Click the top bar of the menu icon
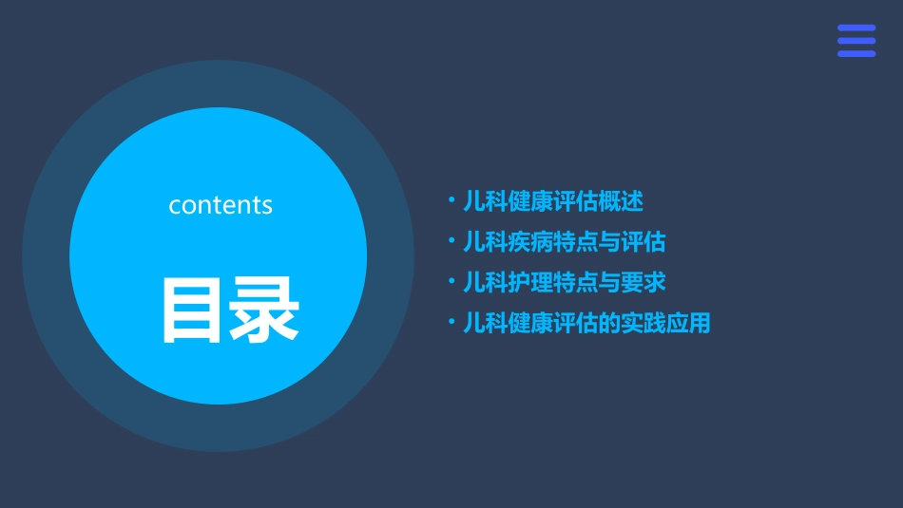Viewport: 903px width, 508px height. (856, 28)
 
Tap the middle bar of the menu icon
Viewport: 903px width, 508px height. (856, 41)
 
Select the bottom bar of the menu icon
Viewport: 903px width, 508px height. (856, 53)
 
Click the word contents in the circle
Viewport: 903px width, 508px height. (221, 205)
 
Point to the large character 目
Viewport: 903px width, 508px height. (194, 310)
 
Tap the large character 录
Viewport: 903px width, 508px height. (264, 310)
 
